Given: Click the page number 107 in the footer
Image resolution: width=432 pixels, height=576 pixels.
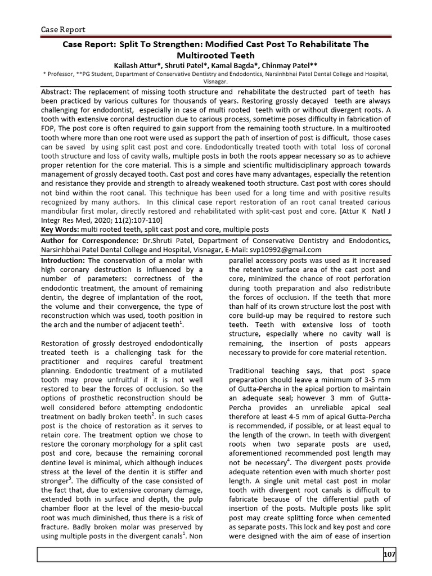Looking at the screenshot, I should click(x=389, y=555).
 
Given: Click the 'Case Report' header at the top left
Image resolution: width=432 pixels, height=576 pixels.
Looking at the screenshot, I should click(x=64, y=29).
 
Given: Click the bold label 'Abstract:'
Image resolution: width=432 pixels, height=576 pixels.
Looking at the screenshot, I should click(x=57, y=91).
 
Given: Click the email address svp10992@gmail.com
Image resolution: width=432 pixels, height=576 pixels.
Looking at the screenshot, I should click(x=286, y=250).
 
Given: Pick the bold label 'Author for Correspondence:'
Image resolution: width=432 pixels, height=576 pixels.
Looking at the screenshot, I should click(x=90, y=240).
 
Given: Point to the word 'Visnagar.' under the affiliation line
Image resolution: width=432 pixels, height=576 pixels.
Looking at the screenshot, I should click(x=215, y=80).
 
